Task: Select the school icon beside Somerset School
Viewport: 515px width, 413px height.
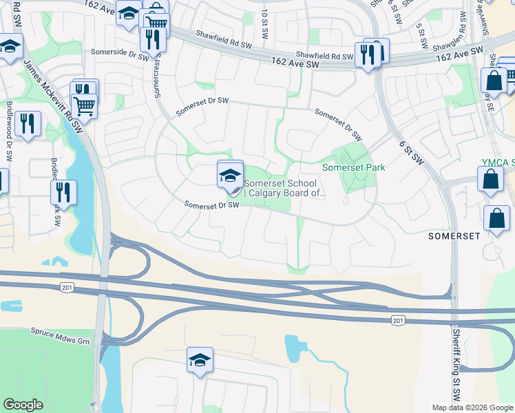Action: coord(230,175)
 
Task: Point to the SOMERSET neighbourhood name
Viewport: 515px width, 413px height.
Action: coord(454,235)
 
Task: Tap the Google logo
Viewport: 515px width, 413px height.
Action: coord(23,405)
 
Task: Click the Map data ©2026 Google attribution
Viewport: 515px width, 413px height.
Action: coord(472,407)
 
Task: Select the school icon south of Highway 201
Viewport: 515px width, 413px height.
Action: coord(200,360)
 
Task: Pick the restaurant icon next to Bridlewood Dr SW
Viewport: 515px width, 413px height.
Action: coord(28,124)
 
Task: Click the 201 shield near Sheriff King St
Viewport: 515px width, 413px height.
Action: coord(398,321)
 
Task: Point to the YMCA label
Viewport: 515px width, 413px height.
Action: coord(497,162)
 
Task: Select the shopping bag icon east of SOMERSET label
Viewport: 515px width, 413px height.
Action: coord(496,219)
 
